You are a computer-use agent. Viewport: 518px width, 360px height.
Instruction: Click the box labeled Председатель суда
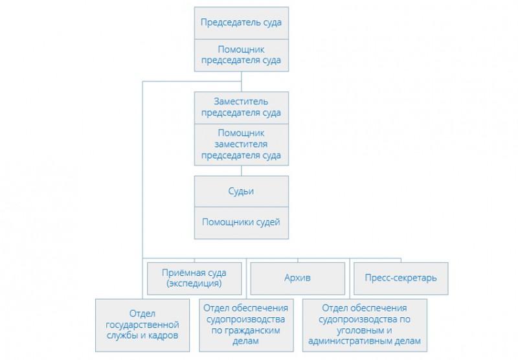point(241,23)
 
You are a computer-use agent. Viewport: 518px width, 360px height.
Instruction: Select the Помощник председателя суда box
point(241,55)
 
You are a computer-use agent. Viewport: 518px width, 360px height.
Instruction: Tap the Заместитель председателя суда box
point(241,107)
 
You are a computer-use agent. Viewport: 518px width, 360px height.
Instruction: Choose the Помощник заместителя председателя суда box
point(241,144)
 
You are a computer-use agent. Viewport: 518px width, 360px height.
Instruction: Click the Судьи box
point(241,191)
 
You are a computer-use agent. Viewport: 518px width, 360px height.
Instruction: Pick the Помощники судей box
point(241,223)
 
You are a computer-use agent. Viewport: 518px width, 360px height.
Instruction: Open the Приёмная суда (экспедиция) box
point(194,278)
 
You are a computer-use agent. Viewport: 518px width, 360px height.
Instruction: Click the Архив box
point(297,278)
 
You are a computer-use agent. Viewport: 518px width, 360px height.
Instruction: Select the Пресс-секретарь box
point(401,278)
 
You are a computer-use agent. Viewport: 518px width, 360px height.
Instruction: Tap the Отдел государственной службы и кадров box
point(142,325)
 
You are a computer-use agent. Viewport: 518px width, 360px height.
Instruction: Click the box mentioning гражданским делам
point(246,325)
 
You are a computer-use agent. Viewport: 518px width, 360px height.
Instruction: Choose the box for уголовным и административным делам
point(365,325)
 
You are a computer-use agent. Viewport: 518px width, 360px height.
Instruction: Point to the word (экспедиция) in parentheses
point(194,284)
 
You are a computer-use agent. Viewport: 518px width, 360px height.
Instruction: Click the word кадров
point(163,335)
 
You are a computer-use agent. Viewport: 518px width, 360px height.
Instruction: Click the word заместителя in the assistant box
point(241,144)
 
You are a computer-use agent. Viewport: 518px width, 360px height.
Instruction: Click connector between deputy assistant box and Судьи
point(242,170)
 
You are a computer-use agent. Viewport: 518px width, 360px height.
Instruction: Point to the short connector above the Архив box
point(298,260)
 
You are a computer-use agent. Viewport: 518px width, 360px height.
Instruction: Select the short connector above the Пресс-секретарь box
point(401,260)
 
